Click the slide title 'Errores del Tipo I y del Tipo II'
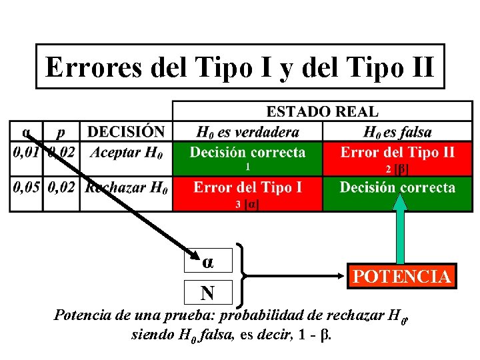click(240, 67)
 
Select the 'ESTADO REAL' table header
click(322, 111)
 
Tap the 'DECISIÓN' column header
click(126, 132)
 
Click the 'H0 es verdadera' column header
click(247, 132)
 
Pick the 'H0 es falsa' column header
click(397, 132)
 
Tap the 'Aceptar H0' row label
click(126, 153)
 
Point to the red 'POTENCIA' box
click(401, 276)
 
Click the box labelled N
click(207, 293)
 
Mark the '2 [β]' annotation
click(397, 169)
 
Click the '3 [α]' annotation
click(247, 205)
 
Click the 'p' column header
click(61, 132)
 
